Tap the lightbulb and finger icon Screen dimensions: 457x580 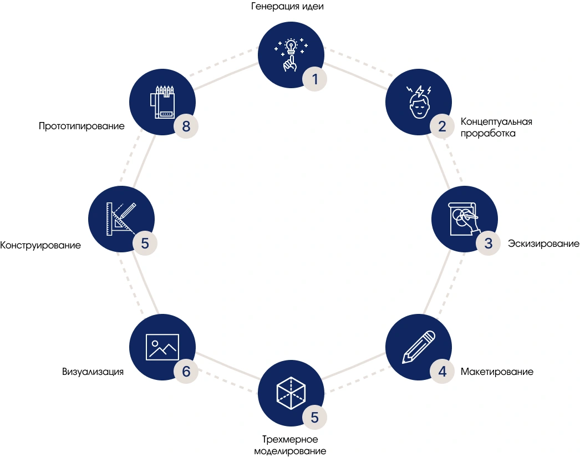(289, 54)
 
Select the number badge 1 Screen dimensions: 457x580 (314, 79)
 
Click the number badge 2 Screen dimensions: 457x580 (442, 126)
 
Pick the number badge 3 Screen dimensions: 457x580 (488, 243)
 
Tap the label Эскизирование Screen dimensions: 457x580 (543, 243)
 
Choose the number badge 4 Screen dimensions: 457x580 (442, 371)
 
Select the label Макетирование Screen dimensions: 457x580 (497, 372)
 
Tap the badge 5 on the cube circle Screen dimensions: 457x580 (314, 418)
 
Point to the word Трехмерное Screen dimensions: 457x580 (290, 440)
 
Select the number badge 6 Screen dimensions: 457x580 (186, 371)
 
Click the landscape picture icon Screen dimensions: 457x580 (162, 346)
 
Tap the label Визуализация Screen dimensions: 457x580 (93, 372)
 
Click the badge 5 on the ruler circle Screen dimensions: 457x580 (145, 243)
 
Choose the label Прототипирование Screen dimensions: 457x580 (82, 126)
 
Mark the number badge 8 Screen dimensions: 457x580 (186, 126)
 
